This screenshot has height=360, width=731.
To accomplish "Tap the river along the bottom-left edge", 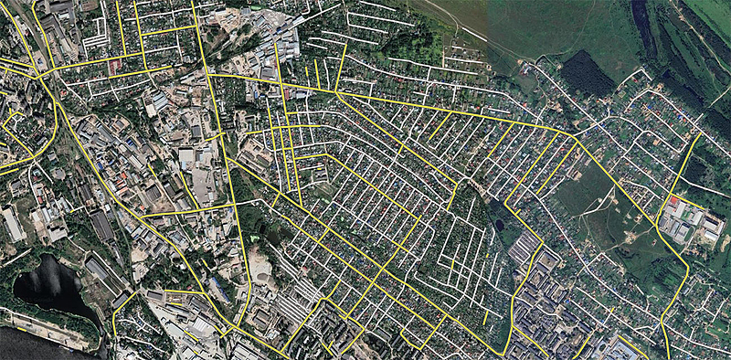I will click(37, 347).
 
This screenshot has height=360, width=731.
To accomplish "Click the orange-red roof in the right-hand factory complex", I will click(674, 201).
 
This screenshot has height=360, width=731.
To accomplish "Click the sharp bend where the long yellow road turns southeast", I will click(574, 137).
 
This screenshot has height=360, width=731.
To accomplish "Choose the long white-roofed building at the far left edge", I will click(13, 224).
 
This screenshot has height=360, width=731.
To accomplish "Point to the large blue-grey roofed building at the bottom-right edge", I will click(627, 350).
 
